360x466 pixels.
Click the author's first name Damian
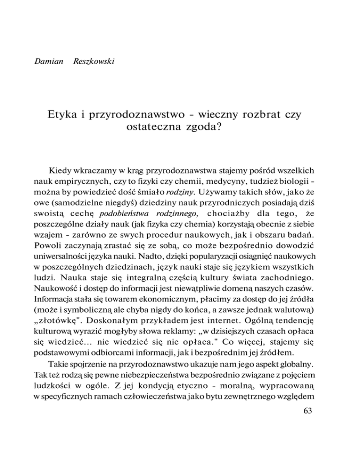(49, 62)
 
